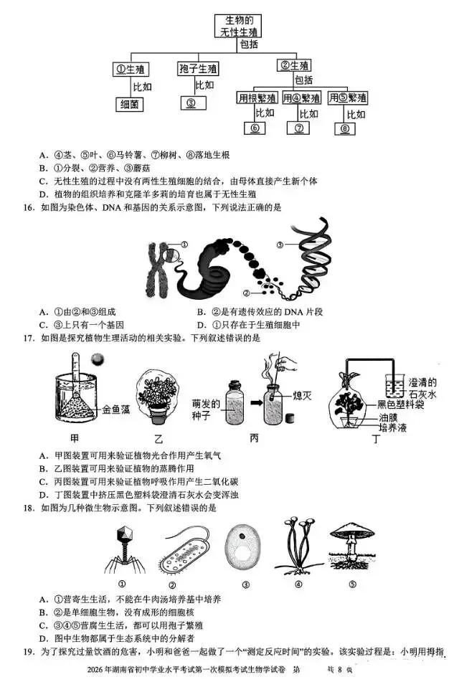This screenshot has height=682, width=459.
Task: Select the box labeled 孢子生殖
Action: coord(198,69)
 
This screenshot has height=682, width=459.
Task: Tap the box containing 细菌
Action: coord(130,105)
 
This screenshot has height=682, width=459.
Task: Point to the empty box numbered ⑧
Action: coord(345,129)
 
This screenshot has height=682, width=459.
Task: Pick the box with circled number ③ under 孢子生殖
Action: coord(192,103)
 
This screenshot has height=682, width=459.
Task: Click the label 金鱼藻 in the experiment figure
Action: coord(117,410)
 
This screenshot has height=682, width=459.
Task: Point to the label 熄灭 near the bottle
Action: coord(303,394)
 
